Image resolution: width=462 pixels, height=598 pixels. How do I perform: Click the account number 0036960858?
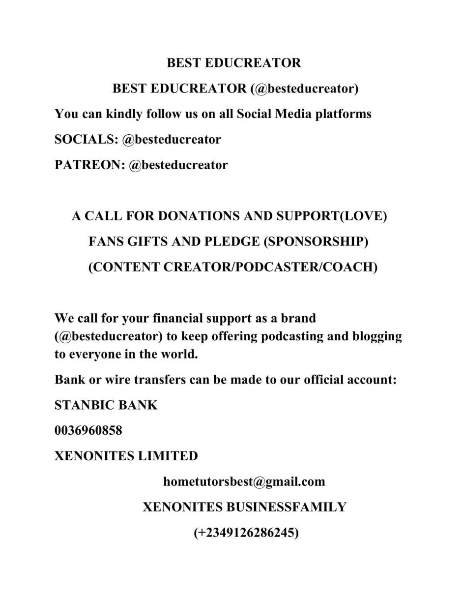pos(88,431)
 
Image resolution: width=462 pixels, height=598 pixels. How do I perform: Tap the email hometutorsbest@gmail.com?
pos(244,481)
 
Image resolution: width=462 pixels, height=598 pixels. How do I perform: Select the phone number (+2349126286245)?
pos(246,533)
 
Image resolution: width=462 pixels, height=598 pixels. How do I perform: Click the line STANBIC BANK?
pos(106,405)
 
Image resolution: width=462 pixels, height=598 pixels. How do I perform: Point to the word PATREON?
pos(89,165)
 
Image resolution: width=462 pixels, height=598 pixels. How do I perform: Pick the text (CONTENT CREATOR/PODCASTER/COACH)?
pos(232,267)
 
